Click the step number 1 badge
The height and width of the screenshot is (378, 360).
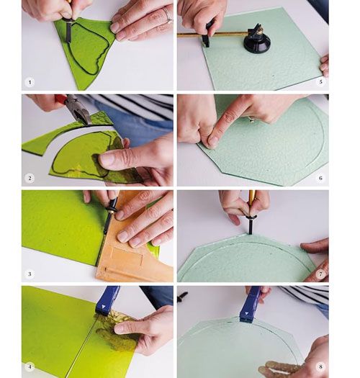(30, 82)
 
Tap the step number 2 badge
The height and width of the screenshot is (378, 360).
(30, 178)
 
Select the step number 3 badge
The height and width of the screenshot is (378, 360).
(30, 274)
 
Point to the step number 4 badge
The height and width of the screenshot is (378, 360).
(30, 366)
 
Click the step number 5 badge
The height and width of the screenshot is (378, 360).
(320, 82)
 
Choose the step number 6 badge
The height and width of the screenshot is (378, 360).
(320, 178)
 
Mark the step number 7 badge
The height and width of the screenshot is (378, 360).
(320, 274)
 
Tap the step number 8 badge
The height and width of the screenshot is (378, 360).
(320, 366)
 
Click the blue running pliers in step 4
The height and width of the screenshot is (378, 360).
(107, 301)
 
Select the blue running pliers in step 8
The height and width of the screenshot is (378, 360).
(250, 305)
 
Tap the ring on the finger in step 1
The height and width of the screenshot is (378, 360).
(167, 14)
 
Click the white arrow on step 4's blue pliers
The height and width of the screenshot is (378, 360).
(104, 307)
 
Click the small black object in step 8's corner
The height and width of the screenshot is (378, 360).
(183, 297)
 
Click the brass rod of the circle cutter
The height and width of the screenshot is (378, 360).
(212, 35)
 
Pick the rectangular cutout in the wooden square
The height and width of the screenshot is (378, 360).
(127, 256)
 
